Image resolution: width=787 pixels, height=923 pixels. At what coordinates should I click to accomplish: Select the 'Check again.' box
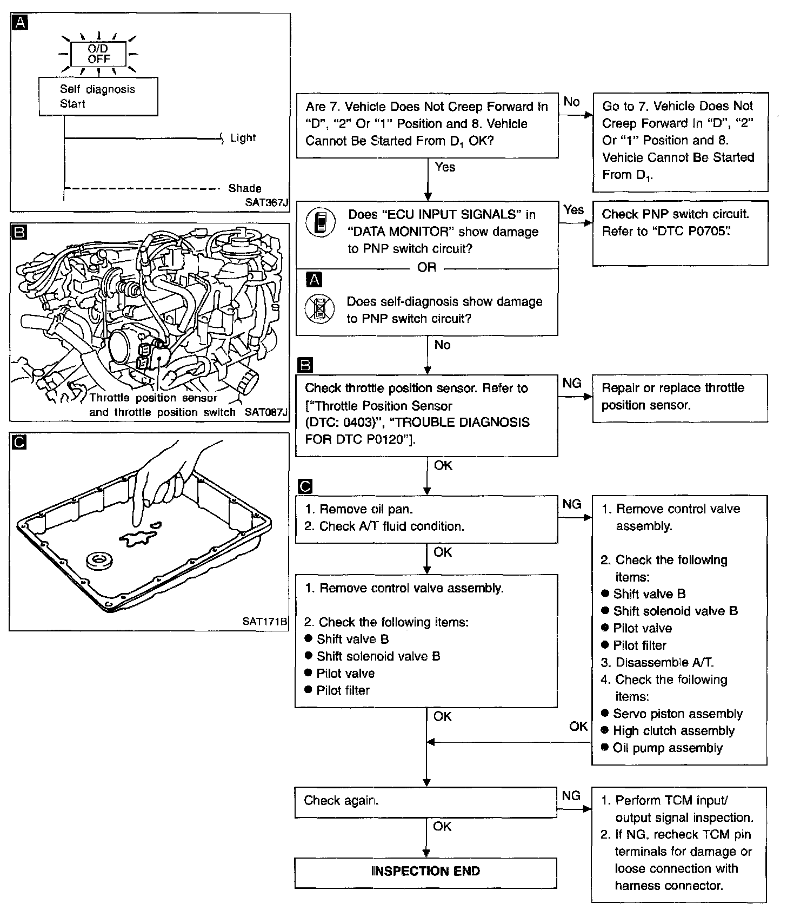425,801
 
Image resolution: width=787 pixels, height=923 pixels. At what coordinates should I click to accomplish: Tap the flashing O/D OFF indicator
98,54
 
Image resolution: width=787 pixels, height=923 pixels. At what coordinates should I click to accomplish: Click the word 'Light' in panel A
243,138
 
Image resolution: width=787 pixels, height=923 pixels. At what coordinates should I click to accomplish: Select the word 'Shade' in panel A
244,188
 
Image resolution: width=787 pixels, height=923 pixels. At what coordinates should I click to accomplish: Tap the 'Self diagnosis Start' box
98,96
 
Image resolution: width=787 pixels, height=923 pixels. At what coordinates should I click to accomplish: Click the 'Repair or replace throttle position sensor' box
679,398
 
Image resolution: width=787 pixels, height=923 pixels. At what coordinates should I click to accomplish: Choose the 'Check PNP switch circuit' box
679,233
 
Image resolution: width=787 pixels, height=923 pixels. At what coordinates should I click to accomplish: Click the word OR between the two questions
426,267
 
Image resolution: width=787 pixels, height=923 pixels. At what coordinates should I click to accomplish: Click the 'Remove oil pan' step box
426,518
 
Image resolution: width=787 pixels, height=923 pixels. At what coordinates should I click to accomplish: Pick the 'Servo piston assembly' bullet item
677,714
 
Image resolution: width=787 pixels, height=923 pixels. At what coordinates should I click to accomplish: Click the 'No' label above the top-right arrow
571,102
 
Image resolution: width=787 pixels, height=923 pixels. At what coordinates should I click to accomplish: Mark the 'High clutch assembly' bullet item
673,731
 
